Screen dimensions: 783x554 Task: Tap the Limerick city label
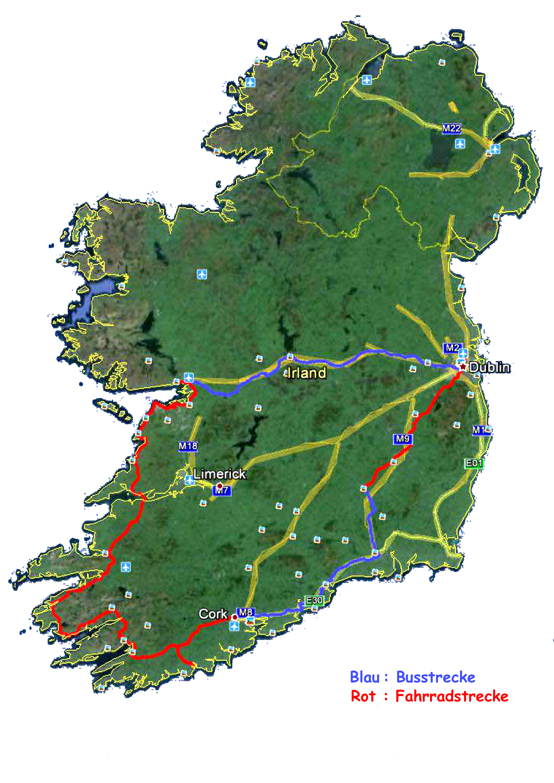[x=219, y=474]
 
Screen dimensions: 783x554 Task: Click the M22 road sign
[x=451, y=128]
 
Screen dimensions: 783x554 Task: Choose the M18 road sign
[x=188, y=446]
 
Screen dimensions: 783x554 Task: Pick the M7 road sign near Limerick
[x=221, y=491]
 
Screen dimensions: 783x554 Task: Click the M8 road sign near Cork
[x=245, y=612]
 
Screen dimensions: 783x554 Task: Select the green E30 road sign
[x=314, y=600]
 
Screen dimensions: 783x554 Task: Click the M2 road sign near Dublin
[x=452, y=348]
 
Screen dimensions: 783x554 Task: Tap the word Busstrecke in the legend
[x=435, y=677]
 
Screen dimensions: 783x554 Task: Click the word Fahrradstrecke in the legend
[x=452, y=696]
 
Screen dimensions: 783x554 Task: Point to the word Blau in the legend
[x=365, y=677]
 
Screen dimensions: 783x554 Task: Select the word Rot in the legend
[x=363, y=696]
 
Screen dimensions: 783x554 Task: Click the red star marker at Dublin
[x=463, y=367]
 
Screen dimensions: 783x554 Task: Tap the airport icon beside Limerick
[x=189, y=480]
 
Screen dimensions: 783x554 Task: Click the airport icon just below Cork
[x=234, y=626]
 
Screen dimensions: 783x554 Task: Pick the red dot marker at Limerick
[x=220, y=486]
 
